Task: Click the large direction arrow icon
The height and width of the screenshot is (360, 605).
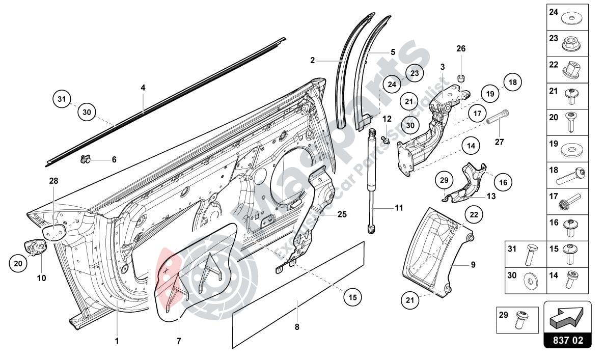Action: [x=567, y=318]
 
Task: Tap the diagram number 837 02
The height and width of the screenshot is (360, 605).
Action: [x=567, y=341]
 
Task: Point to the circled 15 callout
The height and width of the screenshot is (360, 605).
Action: [x=352, y=296]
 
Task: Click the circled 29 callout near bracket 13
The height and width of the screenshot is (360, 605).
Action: [x=444, y=181]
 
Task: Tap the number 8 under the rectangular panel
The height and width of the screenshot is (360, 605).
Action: [x=297, y=327]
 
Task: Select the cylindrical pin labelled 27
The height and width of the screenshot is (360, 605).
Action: [x=499, y=117]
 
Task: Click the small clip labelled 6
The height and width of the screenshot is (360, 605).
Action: [x=85, y=160]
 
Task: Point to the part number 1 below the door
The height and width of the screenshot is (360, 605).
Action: [x=117, y=341]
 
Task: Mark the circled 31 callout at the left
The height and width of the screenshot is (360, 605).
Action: [x=62, y=99]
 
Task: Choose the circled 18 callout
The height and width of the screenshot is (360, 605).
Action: [x=512, y=82]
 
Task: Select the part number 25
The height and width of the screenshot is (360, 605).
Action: [x=342, y=214]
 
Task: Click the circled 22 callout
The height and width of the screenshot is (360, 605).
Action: [x=474, y=215]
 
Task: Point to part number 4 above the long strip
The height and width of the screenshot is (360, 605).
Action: [x=143, y=88]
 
